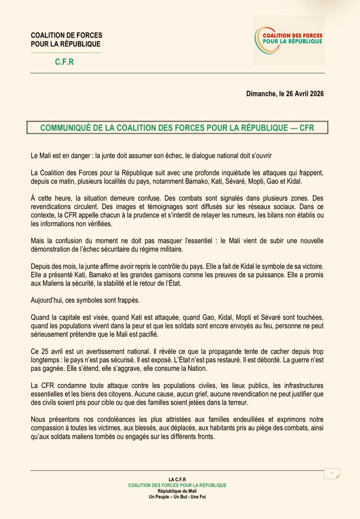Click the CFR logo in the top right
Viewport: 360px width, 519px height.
(x=288, y=40)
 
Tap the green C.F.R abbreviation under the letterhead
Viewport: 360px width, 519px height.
(x=64, y=62)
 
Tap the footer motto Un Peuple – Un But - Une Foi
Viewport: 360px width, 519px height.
(x=177, y=497)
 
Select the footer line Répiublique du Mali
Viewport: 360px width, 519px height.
(x=177, y=491)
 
